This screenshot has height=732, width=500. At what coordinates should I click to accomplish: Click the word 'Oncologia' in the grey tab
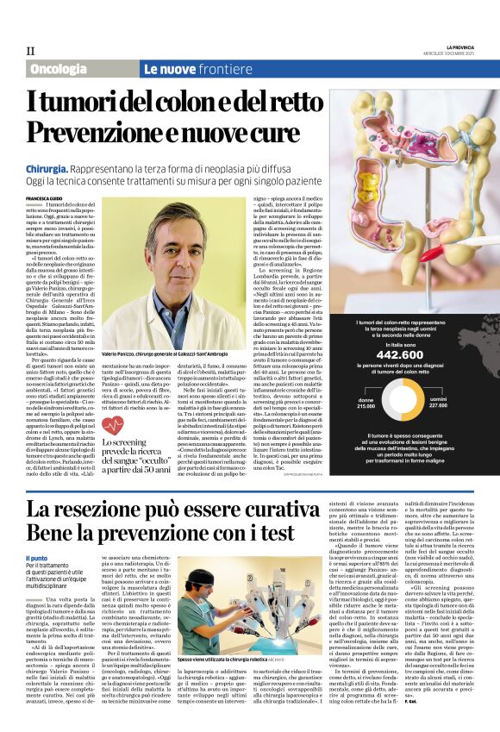pos(58,69)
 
